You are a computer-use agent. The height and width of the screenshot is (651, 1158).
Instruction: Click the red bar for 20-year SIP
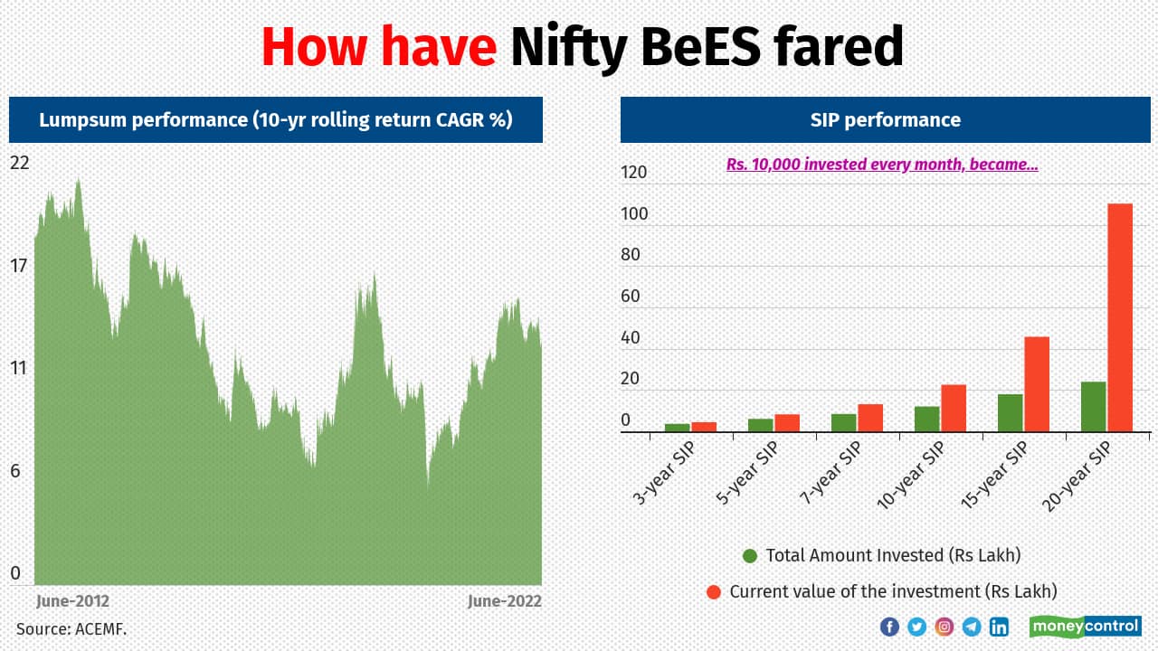[x=1120, y=317]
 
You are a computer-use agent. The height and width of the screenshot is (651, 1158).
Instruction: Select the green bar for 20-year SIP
[x=1093, y=407]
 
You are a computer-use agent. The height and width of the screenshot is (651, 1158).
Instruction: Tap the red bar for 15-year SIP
[x=1037, y=384]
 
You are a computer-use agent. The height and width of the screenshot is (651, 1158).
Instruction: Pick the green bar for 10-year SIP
[x=926, y=419]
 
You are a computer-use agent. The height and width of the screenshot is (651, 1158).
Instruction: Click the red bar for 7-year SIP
[x=870, y=418]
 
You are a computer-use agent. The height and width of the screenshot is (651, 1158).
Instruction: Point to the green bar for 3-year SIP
[x=677, y=428]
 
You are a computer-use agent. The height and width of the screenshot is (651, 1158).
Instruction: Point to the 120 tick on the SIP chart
[x=635, y=173]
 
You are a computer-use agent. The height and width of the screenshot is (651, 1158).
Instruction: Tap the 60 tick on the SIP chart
[x=631, y=297]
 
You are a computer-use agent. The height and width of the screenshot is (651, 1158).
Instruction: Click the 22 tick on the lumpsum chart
[x=19, y=164]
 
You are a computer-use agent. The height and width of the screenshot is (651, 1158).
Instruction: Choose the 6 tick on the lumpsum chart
[x=14, y=471]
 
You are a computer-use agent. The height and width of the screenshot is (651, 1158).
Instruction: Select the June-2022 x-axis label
[x=504, y=601]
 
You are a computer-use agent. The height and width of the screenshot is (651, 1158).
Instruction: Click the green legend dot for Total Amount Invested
[x=749, y=556]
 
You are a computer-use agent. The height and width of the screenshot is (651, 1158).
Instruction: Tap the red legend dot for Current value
[x=713, y=592]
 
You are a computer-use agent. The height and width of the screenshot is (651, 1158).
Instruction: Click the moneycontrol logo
[x=1085, y=626]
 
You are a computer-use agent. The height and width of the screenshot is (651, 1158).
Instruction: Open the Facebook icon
[x=889, y=627]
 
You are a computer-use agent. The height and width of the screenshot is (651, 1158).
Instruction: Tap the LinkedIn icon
[x=999, y=627]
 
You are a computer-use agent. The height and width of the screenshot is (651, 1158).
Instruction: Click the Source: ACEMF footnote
[x=71, y=628]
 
